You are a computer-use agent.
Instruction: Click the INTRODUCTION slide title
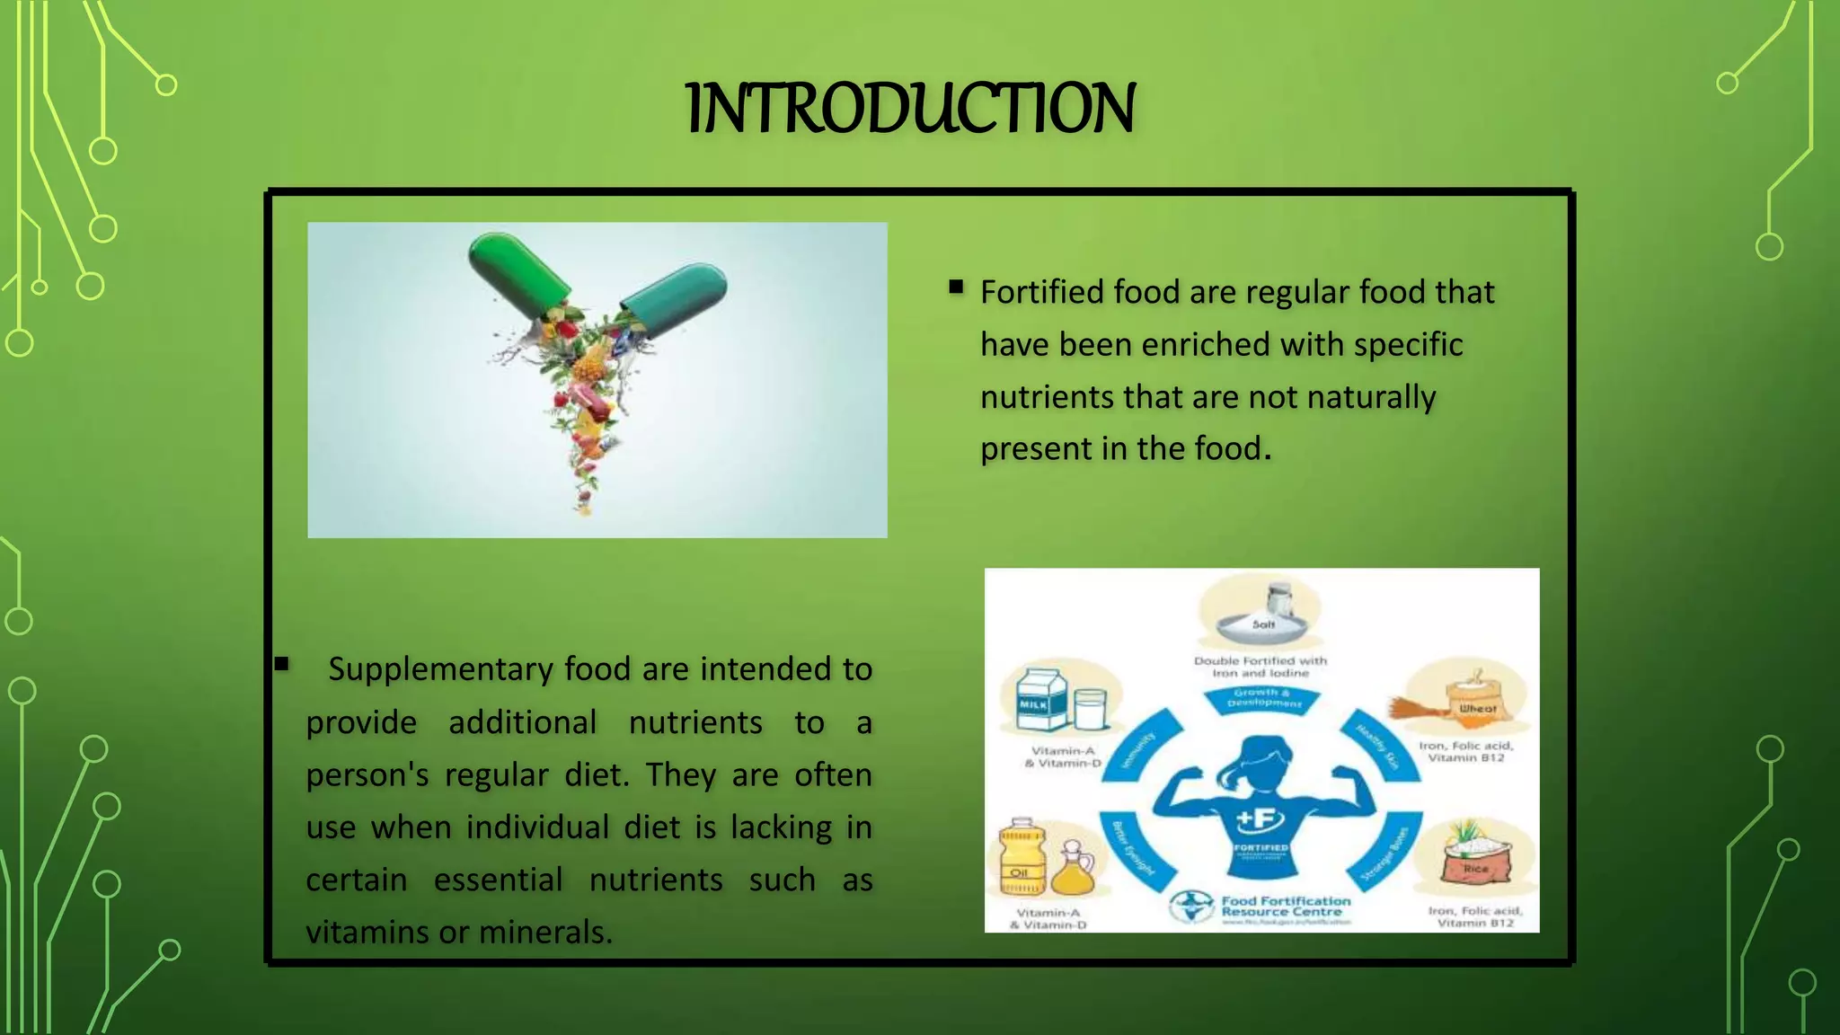tap(910, 108)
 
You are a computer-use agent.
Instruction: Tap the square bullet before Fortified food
tap(956, 287)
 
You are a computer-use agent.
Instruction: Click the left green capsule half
tap(517, 270)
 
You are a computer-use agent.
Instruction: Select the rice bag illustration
tap(1476, 858)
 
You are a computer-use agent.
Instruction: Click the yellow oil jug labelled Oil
tap(1022, 858)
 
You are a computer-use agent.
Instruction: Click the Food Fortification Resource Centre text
tap(1285, 906)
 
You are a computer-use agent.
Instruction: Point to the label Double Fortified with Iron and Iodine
tap(1260, 667)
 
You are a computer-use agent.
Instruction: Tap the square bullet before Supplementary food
tap(282, 665)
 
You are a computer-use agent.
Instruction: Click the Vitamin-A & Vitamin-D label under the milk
tap(1062, 756)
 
